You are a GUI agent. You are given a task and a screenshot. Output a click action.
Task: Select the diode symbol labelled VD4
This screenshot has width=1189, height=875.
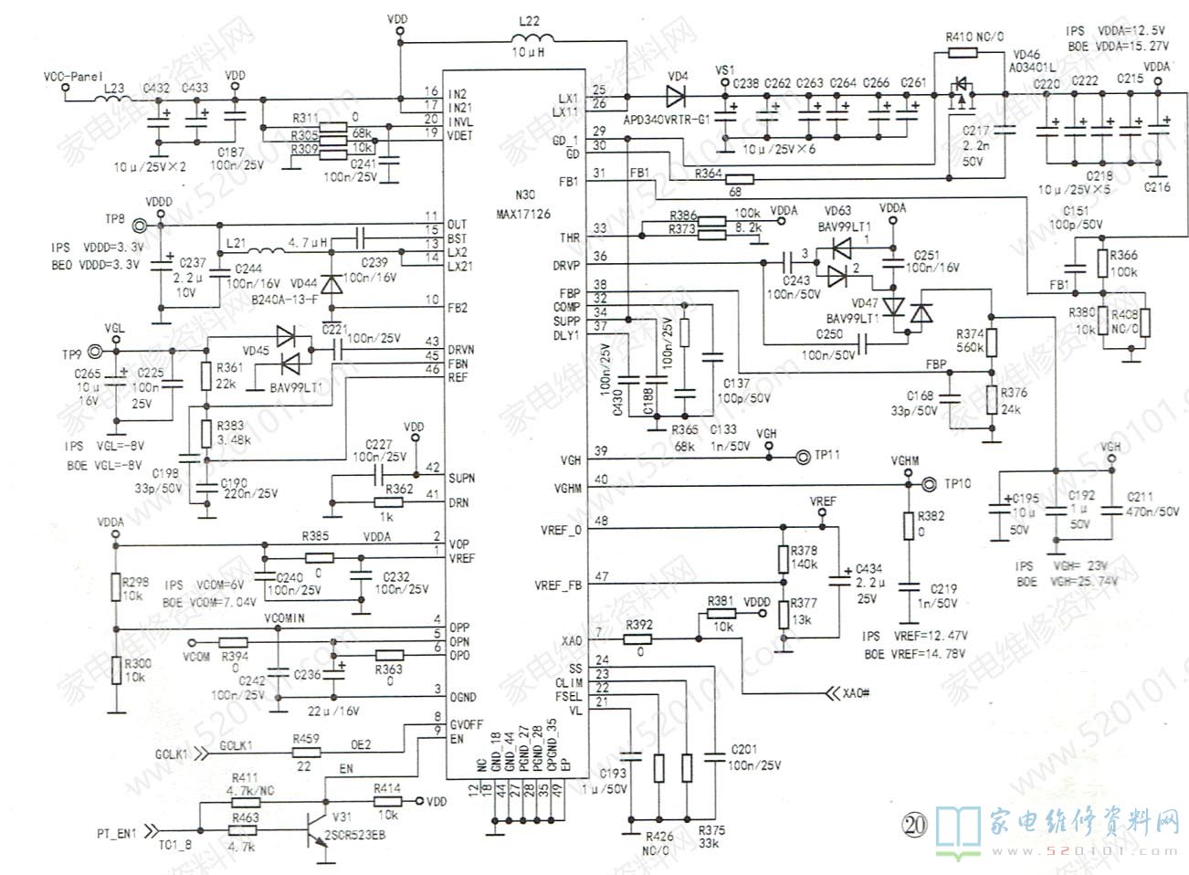tap(677, 96)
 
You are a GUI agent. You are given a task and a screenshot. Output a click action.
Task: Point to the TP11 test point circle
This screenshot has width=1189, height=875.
tap(804, 457)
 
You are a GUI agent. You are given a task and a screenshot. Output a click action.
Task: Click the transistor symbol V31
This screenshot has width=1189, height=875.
tap(317, 820)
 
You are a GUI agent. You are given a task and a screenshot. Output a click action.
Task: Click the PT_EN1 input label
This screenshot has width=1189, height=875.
tap(117, 833)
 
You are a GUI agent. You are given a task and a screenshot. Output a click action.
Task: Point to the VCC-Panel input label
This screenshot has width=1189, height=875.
tap(73, 77)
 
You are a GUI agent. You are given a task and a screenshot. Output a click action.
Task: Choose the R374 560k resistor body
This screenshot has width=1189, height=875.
tap(992, 343)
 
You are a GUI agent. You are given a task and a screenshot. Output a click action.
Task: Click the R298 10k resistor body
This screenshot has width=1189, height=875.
tap(116, 588)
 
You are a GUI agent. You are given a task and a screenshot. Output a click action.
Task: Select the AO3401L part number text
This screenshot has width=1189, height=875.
tap(1032, 68)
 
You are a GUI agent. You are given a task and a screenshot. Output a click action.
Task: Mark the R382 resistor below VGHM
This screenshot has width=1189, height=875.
tap(908, 524)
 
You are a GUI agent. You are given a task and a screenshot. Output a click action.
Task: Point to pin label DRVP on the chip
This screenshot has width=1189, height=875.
tap(566, 265)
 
